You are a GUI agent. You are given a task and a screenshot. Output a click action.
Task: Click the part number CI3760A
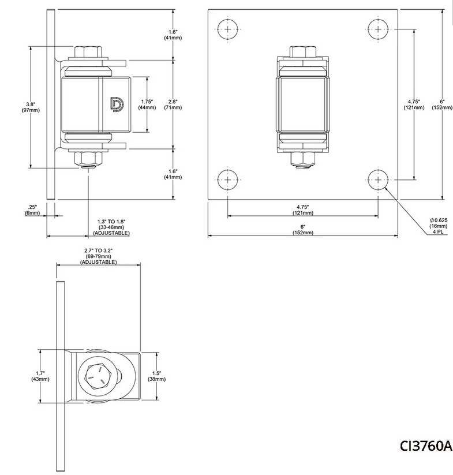[x=426, y=446]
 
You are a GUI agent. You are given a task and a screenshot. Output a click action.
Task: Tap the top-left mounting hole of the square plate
[x=228, y=29]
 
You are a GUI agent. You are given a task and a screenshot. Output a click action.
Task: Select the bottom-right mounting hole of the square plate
[x=377, y=179]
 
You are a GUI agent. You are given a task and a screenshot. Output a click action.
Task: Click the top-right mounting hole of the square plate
[x=377, y=29]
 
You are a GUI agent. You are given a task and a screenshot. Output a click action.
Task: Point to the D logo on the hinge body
[x=116, y=104]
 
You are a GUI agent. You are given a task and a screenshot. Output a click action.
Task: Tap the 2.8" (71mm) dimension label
[x=171, y=104]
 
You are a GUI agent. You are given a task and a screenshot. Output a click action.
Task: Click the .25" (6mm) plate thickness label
[x=32, y=210]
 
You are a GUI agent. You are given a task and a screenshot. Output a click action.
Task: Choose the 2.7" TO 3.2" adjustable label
[x=98, y=256]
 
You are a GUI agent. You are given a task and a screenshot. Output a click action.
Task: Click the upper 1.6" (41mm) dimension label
[x=171, y=35]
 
